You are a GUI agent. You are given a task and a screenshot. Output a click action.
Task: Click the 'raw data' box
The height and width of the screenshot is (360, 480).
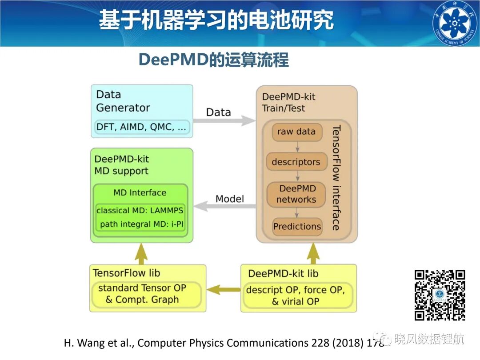297,132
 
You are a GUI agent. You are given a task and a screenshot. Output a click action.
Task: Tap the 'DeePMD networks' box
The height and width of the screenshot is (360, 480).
296,194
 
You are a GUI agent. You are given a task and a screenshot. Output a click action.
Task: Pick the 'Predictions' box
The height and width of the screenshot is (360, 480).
297,227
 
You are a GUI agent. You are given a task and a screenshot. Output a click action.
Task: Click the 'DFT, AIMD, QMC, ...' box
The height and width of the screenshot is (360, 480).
141,127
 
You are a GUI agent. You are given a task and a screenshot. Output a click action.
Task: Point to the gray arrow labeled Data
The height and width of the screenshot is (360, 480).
224,120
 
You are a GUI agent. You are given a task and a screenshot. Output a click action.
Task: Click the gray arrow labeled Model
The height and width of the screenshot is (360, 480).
225,206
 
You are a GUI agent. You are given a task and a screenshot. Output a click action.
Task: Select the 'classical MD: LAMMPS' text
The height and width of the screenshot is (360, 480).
140,211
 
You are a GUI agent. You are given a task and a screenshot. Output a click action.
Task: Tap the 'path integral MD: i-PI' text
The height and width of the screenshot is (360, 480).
141,224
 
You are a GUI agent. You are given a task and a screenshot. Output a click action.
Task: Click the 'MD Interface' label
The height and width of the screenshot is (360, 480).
140,192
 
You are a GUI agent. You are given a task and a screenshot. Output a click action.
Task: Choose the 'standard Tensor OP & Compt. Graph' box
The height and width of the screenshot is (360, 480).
146,294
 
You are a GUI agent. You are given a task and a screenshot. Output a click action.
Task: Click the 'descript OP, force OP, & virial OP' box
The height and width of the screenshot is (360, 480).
296,296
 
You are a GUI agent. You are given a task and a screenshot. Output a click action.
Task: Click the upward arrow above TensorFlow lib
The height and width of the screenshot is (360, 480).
141,254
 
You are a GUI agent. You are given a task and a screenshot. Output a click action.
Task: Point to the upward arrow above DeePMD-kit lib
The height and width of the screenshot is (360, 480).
313,254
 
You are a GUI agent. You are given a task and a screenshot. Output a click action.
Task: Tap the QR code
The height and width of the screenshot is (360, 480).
440,295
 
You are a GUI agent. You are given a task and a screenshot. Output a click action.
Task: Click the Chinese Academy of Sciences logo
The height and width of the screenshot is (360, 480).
456,23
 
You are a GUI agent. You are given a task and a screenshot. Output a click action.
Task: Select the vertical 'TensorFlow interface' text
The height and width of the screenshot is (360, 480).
336,177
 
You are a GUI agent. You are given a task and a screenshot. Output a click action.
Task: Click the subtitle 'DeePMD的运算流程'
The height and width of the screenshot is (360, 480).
214,60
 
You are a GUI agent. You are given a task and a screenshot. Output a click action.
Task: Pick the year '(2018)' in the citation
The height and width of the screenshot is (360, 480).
348,343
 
